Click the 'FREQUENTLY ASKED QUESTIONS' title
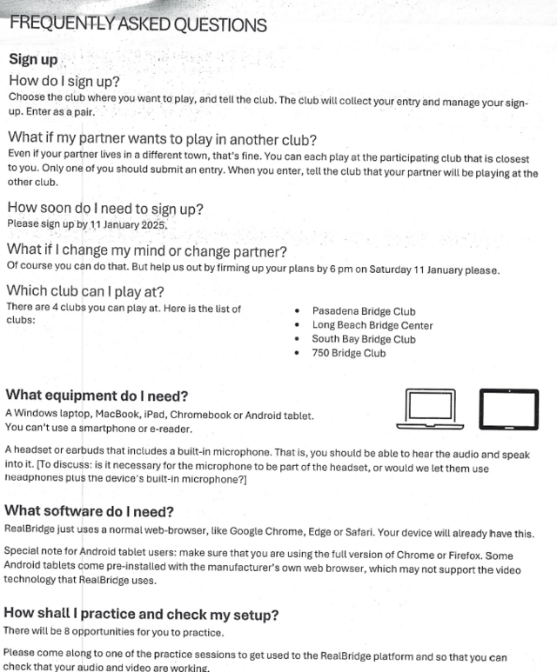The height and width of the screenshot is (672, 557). [x=138, y=24]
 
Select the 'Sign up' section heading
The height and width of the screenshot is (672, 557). [x=33, y=60]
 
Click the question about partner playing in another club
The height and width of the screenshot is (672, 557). [x=162, y=138]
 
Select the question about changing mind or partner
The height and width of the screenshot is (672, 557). [x=147, y=252]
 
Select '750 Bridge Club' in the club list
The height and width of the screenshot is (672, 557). [x=349, y=353]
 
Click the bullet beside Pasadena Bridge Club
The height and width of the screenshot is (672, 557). [x=298, y=311]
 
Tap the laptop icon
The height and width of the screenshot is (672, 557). [x=430, y=408]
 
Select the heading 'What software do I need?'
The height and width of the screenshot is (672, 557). [x=90, y=511]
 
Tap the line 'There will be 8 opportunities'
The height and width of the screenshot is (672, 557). [x=102, y=630]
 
